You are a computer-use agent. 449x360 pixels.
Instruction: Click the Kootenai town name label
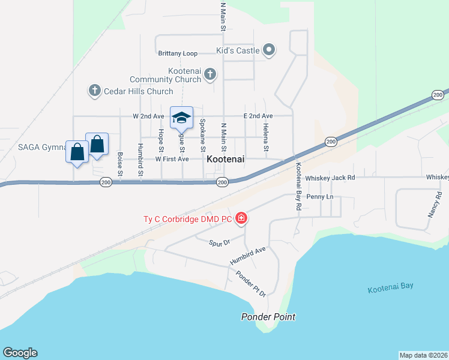[225, 160]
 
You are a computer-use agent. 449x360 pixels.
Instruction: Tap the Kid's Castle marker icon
[270, 50]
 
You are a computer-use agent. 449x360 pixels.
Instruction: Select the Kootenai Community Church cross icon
[209, 74]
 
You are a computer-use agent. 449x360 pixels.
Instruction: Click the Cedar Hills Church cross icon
[94, 91]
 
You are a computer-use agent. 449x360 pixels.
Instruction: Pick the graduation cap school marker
[181, 117]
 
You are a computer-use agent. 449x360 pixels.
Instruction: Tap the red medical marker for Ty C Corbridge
[241, 218]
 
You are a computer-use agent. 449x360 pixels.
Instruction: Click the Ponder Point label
[268, 317]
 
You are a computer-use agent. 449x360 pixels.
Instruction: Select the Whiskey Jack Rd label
[330, 178]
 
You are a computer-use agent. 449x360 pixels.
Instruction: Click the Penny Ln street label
[319, 197]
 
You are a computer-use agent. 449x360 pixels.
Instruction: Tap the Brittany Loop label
[178, 53]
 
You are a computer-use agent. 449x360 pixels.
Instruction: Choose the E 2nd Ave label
[258, 116]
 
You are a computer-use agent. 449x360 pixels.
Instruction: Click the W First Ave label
[172, 159]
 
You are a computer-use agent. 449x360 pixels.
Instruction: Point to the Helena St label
[265, 137]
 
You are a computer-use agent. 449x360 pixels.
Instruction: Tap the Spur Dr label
[220, 243]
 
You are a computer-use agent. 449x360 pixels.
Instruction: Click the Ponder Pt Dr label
[251, 283]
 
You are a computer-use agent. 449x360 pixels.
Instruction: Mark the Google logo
[20, 353]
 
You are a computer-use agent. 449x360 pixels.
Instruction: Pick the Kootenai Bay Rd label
[298, 186]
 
